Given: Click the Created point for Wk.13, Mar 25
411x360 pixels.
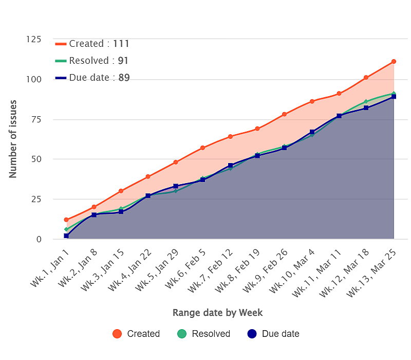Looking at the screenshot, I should [x=394, y=61].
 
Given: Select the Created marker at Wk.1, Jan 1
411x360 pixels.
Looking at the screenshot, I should [x=66, y=220].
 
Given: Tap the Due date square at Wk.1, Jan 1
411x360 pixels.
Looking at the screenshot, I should [x=66, y=236].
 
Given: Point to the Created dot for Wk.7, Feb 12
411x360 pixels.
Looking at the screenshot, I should [x=230, y=136].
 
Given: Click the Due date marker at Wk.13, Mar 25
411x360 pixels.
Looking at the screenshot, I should [x=394, y=97].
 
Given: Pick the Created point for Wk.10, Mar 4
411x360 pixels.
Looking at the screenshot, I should [x=312, y=101].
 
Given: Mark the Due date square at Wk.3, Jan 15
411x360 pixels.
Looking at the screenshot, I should [x=121, y=212].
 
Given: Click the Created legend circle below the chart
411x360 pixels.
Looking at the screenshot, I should [x=117, y=334].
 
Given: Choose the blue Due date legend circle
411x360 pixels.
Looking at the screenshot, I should [x=251, y=334].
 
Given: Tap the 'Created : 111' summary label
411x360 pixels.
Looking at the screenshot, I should [x=92, y=44].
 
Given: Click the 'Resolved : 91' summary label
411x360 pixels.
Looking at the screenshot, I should [x=92, y=61].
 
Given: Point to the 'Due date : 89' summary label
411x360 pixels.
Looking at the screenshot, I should [x=92, y=78].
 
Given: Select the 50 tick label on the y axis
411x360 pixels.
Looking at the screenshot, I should [x=35, y=159].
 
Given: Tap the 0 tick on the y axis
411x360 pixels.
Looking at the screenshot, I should [x=38, y=239].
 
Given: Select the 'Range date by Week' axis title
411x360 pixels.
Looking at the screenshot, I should [x=217, y=313].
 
